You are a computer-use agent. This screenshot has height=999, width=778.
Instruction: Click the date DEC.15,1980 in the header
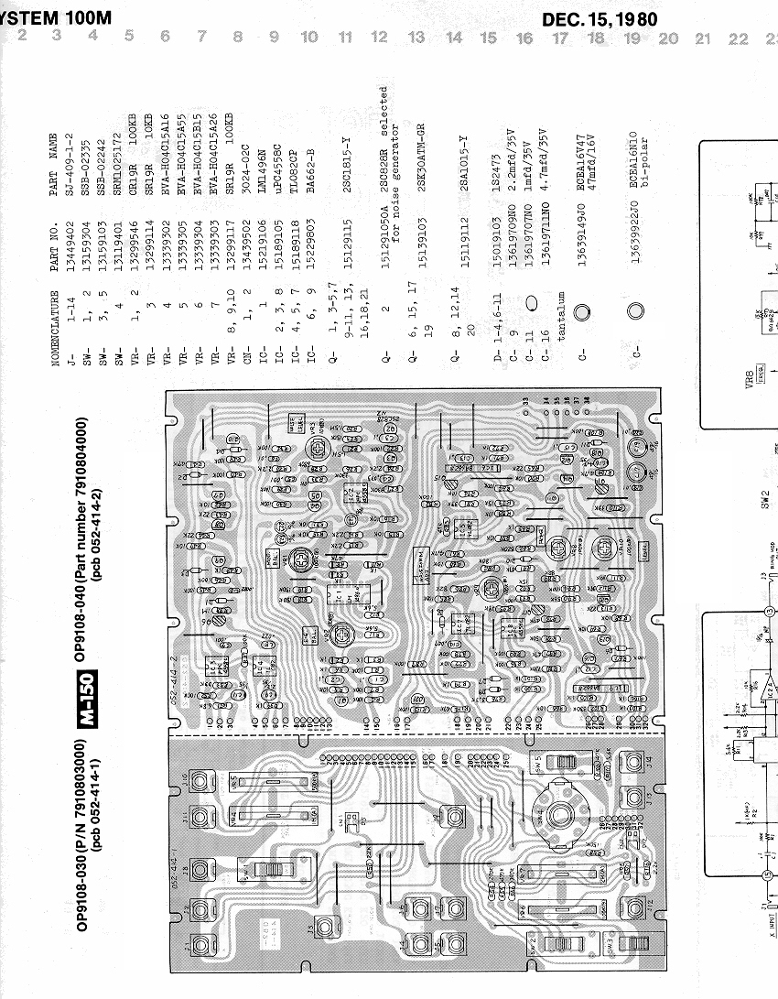coord(600,18)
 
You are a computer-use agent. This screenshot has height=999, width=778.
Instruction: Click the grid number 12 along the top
coord(379,38)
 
